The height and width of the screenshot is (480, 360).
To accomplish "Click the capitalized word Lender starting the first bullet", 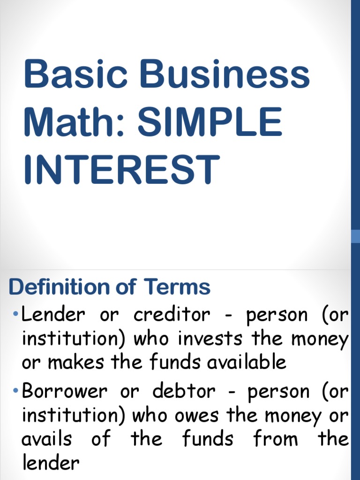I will click(x=53, y=315).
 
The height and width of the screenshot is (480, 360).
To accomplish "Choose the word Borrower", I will click(x=64, y=391).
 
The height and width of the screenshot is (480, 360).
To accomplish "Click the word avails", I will click(x=47, y=440).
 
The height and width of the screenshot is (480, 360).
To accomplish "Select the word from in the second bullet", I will click(x=276, y=440).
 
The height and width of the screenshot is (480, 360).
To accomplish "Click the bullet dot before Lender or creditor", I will click(x=16, y=313).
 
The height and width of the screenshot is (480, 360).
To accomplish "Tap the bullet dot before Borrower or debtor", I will click(x=16, y=390).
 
